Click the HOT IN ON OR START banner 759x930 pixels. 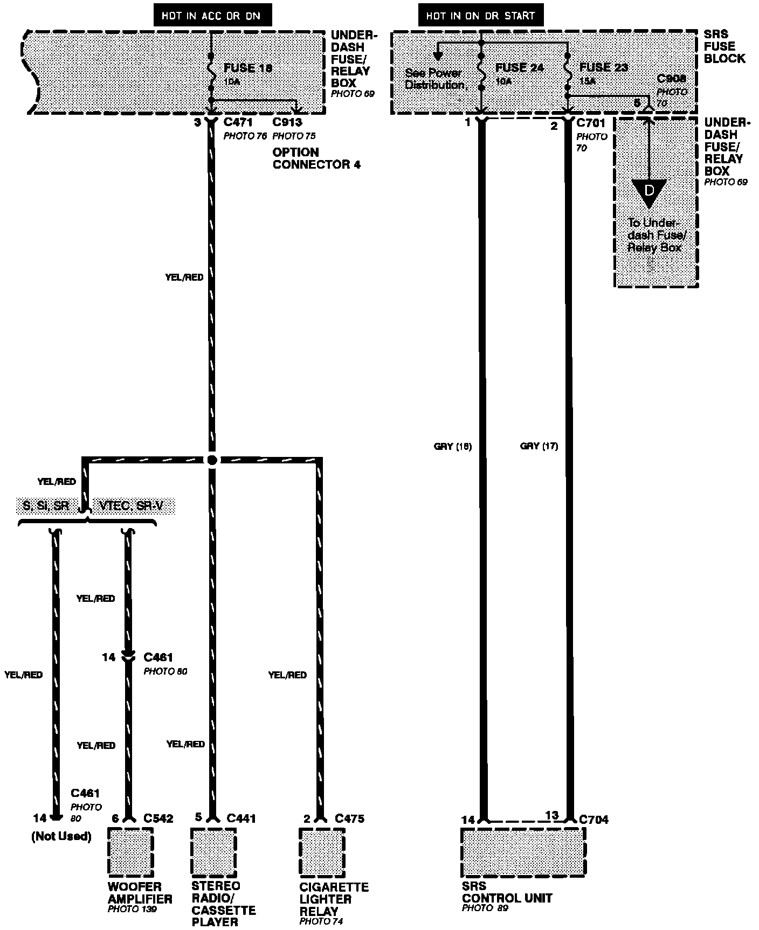(x=480, y=16)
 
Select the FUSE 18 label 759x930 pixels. (x=248, y=68)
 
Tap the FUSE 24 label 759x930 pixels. (x=520, y=68)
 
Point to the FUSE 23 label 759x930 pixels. (x=604, y=67)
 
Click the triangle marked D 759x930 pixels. (x=649, y=192)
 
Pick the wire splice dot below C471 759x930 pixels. (x=212, y=460)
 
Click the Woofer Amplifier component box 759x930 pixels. (x=130, y=852)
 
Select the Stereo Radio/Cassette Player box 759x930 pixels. (x=213, y=851)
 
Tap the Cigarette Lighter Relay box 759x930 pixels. (x=322, y=852)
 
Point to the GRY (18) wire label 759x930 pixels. (x=452, y=446)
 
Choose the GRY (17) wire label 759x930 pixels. (x=539, y=446)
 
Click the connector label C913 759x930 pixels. (x=287, y=122)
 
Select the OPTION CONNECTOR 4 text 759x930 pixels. (x=316, y=158)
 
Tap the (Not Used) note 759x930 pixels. (x=61, y=836)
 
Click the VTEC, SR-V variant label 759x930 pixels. (x=131, y=506)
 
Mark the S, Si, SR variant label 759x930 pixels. (x=46, y=506)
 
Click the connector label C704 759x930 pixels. (x=594, y=820)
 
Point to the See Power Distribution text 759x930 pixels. (x=434, y=79)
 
